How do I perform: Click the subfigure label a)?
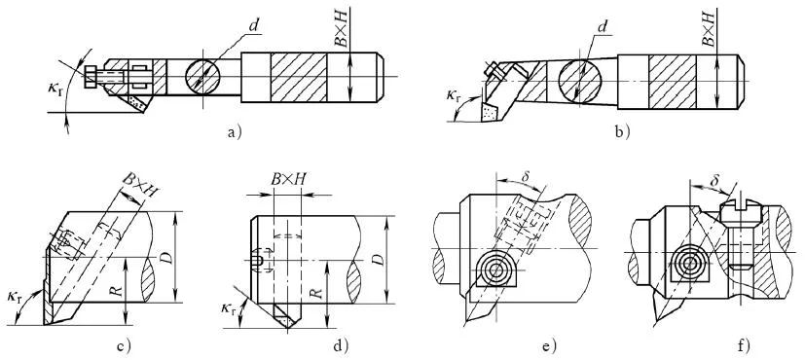pos(234,133)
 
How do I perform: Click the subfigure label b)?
pos(623,133)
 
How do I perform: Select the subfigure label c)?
pos(124,346)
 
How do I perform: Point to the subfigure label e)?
pos(549,346)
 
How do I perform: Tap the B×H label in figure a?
pos(342,31)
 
